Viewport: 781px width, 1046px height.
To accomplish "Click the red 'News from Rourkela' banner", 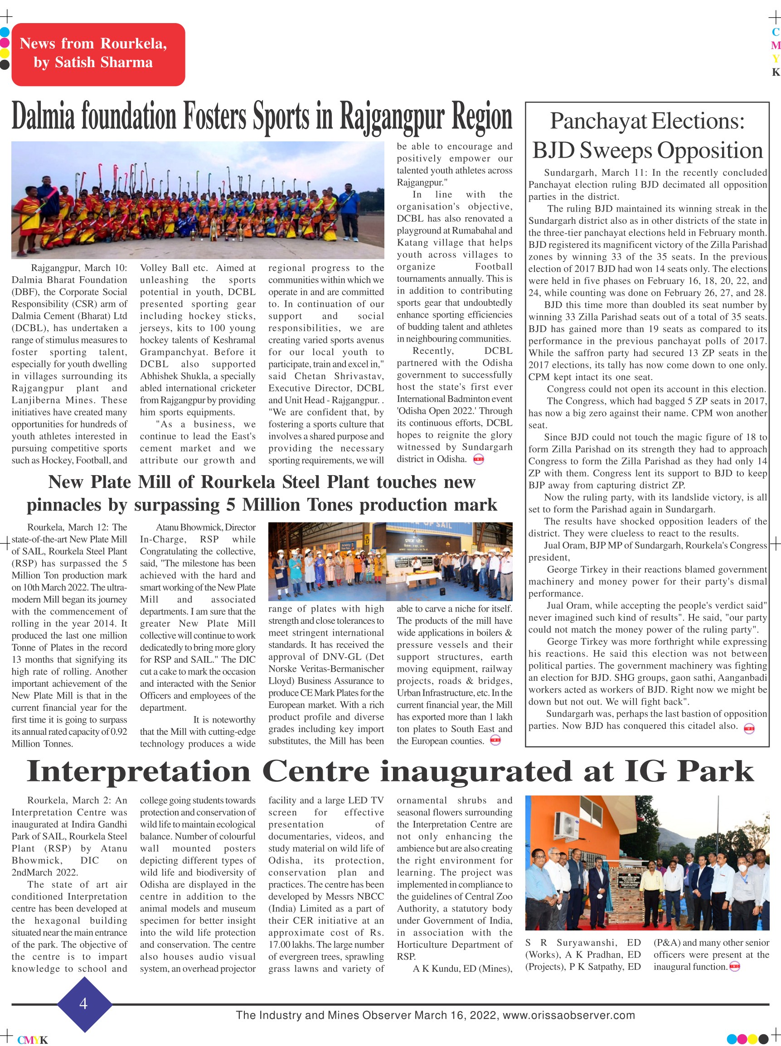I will tap(98, 54).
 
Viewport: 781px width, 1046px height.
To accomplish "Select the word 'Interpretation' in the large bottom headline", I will tap(138, 771).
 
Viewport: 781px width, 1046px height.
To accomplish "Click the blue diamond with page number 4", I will tap(84, 1003).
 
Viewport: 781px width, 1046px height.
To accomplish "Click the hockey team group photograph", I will tap(198, 200).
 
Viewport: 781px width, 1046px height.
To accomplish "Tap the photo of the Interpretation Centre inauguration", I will tap(647, 863).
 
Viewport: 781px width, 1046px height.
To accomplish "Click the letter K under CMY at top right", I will tap(775, 72).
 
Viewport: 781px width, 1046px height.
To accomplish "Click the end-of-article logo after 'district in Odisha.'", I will tap(478, 459).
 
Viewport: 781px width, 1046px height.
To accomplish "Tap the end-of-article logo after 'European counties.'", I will tap(495, 741).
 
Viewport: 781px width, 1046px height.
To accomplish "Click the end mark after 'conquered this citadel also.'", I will tap(749, 728).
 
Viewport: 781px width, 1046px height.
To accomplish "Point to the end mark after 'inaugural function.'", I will tap(734, 967).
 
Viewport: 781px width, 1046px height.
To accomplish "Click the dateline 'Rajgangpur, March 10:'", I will tap(79, 268).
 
